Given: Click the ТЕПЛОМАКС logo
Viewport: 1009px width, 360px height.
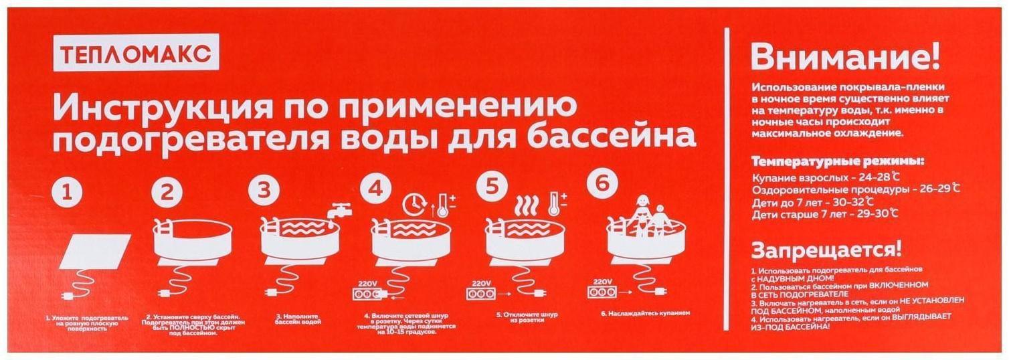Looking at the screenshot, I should [136, 53].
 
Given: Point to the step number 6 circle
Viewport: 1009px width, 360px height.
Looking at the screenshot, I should [603, 185].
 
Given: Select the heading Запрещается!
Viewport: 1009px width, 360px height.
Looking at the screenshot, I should [826, 251].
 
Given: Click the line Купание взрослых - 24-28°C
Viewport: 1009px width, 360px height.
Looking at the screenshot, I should [826, 177].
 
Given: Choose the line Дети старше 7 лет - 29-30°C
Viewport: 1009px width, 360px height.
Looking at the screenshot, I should [824, 214].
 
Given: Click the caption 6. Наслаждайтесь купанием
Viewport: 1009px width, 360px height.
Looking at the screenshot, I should [645, 312].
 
